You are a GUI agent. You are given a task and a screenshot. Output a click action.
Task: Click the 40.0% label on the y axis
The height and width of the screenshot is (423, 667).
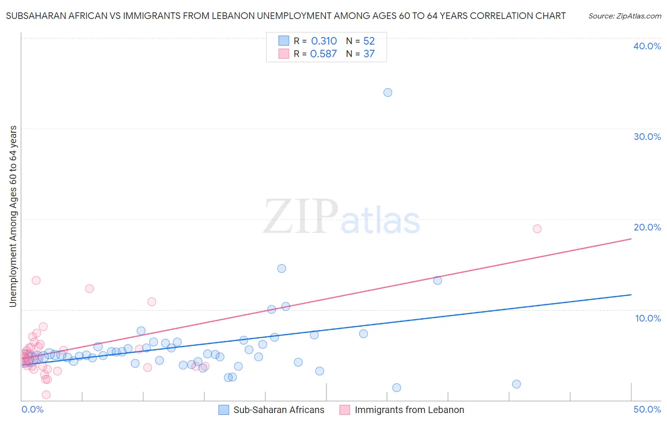point(647,46)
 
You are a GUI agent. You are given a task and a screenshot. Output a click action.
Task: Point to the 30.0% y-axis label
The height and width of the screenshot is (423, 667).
point(647,137)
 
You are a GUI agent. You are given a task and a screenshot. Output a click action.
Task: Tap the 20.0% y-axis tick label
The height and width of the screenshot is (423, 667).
point(647,227)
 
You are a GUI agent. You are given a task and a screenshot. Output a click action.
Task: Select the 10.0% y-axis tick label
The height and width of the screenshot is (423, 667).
point(648,318)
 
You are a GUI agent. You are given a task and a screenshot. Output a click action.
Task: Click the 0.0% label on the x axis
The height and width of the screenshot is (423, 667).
point(32,409)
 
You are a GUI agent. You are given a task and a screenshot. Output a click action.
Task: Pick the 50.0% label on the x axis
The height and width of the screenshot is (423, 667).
point(647,409)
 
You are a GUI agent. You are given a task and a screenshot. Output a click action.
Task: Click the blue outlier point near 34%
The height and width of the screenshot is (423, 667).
point(388,92)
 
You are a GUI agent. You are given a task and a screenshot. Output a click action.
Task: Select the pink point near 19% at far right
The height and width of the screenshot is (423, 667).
point(537,229)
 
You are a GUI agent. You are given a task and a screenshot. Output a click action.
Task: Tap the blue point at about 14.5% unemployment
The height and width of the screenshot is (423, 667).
point(281,268)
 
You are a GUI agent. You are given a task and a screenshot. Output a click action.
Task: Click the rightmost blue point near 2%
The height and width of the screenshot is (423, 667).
point(516,384)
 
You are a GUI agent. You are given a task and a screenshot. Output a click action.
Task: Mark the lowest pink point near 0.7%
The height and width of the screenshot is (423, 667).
point(46,395)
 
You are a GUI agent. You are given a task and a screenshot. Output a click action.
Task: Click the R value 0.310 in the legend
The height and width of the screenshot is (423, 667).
point(324,41)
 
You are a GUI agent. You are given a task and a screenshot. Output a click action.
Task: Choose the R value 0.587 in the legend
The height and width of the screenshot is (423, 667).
point(323,54)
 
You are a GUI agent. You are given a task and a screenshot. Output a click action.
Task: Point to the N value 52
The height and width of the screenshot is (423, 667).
point(369,41)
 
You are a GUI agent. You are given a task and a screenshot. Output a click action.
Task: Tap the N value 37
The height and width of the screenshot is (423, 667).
point(369,54)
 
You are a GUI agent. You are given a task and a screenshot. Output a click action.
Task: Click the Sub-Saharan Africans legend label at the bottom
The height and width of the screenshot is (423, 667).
point(278,410)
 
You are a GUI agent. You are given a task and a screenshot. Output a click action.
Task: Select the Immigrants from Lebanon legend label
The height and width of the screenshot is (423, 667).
point(409,410)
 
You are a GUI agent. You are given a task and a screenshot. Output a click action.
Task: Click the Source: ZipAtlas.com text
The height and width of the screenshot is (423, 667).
point(624,16)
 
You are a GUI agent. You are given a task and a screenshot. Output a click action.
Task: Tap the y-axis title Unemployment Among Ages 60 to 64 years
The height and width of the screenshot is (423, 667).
point(13,216)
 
